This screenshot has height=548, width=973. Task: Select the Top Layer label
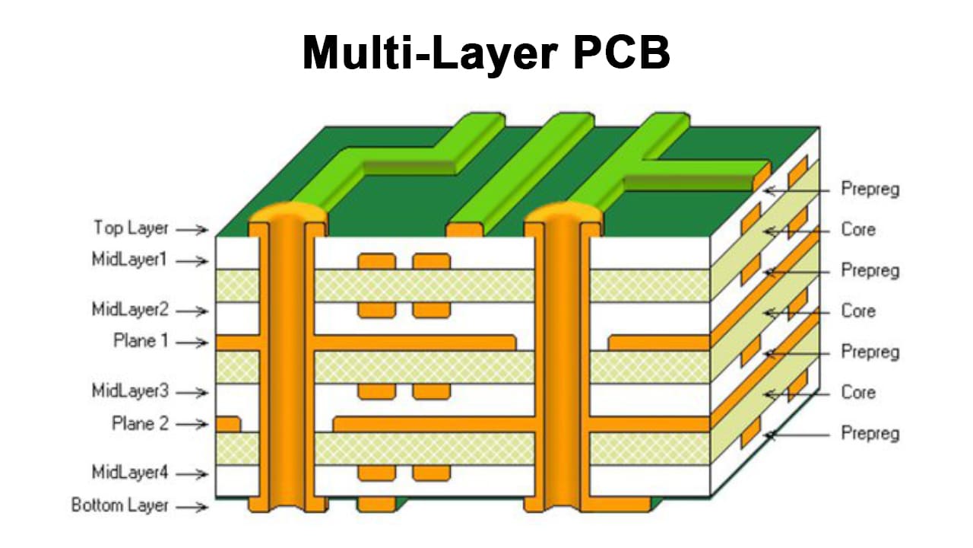tap(131, 228)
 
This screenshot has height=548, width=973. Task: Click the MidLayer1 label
tap(129, 260)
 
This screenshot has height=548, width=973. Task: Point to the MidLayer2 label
tap(129, 310)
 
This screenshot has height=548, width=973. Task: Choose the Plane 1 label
tap(141, 342)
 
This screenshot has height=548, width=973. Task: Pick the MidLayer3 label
tap(129, 391)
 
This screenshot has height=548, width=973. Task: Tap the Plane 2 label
tap(141, 424)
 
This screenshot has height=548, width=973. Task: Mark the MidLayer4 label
tap(129, 473)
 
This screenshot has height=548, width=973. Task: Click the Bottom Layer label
tap(119, 505)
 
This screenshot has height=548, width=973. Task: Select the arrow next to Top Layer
tap(195, 229)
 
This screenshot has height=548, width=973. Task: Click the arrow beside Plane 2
tap(195, 425)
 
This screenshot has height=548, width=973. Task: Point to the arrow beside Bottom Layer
tap(195, 507)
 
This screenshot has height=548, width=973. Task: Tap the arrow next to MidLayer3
tap(195, 393)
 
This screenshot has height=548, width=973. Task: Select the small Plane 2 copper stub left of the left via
tap(228, 424)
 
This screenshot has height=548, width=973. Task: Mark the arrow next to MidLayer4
tap(195, 474)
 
